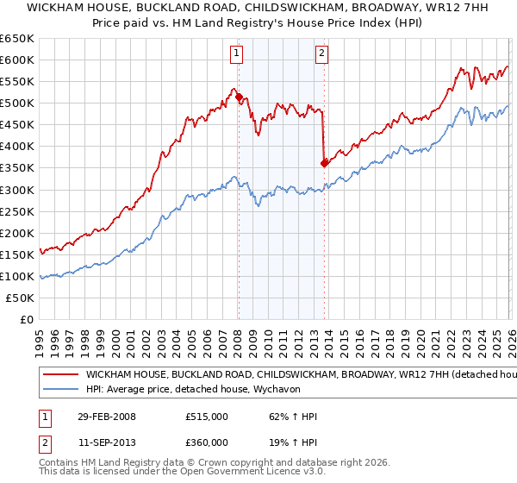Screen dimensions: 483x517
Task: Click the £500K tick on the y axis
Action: click(x=17, y=103)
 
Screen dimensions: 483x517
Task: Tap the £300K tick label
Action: click(x=17, y=190)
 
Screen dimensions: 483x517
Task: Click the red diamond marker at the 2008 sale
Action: click(x=239, y=97)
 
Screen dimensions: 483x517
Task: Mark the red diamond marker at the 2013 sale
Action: click(x=324, y=162)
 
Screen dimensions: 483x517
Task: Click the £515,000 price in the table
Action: click(x=206, y=417)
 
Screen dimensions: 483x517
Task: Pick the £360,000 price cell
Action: click(x=206, y=441)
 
